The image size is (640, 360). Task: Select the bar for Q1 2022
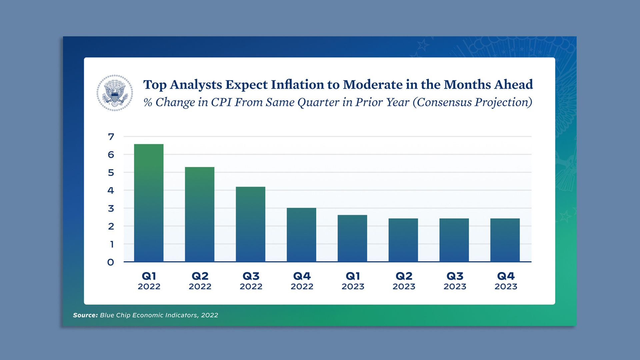(149, 203)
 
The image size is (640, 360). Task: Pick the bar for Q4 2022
(301, 235)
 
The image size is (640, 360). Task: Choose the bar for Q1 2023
(352, 238)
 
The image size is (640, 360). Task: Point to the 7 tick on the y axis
(111, 137)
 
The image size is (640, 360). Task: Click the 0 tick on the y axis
(111, 262)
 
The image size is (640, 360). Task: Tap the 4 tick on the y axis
(111, 190)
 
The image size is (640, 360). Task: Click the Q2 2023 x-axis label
(404, 281)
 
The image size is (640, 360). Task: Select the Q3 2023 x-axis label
(455, 281)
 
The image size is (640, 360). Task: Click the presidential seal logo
(115, 93)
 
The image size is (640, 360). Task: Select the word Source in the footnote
(85, 315)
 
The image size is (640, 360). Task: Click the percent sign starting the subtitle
(148, 103)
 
